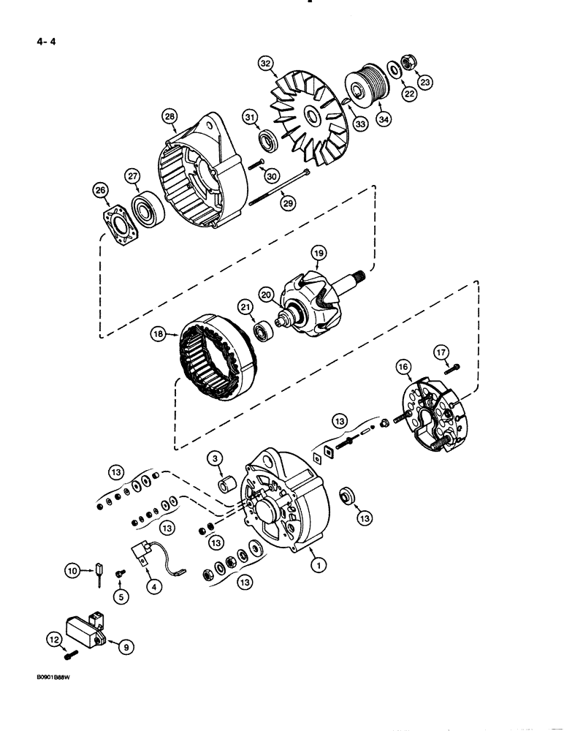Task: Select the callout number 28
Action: (169, 116)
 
